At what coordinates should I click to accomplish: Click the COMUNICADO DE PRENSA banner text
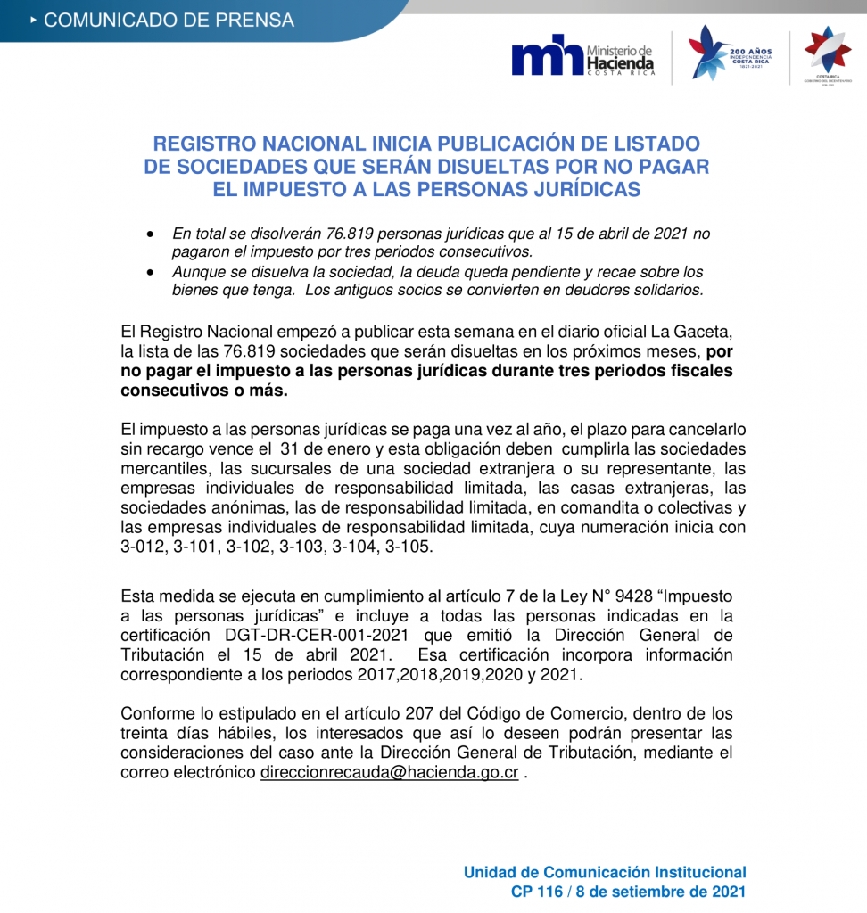[x=169, y=20]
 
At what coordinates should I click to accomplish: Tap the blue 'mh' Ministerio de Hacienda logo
[x=582, y=58]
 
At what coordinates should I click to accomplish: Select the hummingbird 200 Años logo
[x=730, y=54]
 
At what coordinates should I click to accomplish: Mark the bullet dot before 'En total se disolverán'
[x=152, y=234]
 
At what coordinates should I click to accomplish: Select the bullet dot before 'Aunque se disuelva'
[x=152, y=272]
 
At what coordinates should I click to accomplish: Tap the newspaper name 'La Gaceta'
[x=695, y=332]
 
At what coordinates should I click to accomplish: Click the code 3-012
[x=144, y=547]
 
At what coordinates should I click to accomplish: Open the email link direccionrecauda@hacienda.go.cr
[x=389, y=772]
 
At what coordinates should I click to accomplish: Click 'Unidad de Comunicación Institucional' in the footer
[x=605, y=872]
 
